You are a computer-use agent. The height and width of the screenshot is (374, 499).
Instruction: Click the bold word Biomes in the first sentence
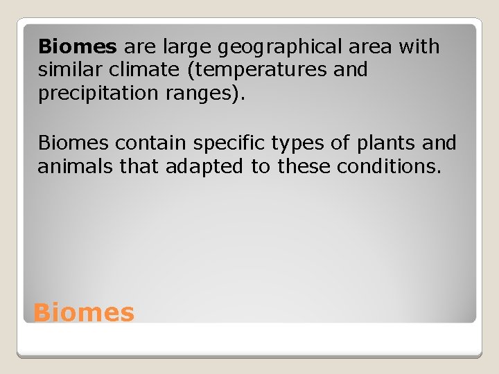tap(78, 47)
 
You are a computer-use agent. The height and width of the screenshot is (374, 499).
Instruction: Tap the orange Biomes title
tap(84, 312)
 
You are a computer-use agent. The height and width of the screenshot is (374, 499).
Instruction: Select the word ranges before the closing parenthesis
tap(205, 94)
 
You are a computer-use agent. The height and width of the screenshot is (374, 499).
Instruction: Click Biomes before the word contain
tap(74, 143)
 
